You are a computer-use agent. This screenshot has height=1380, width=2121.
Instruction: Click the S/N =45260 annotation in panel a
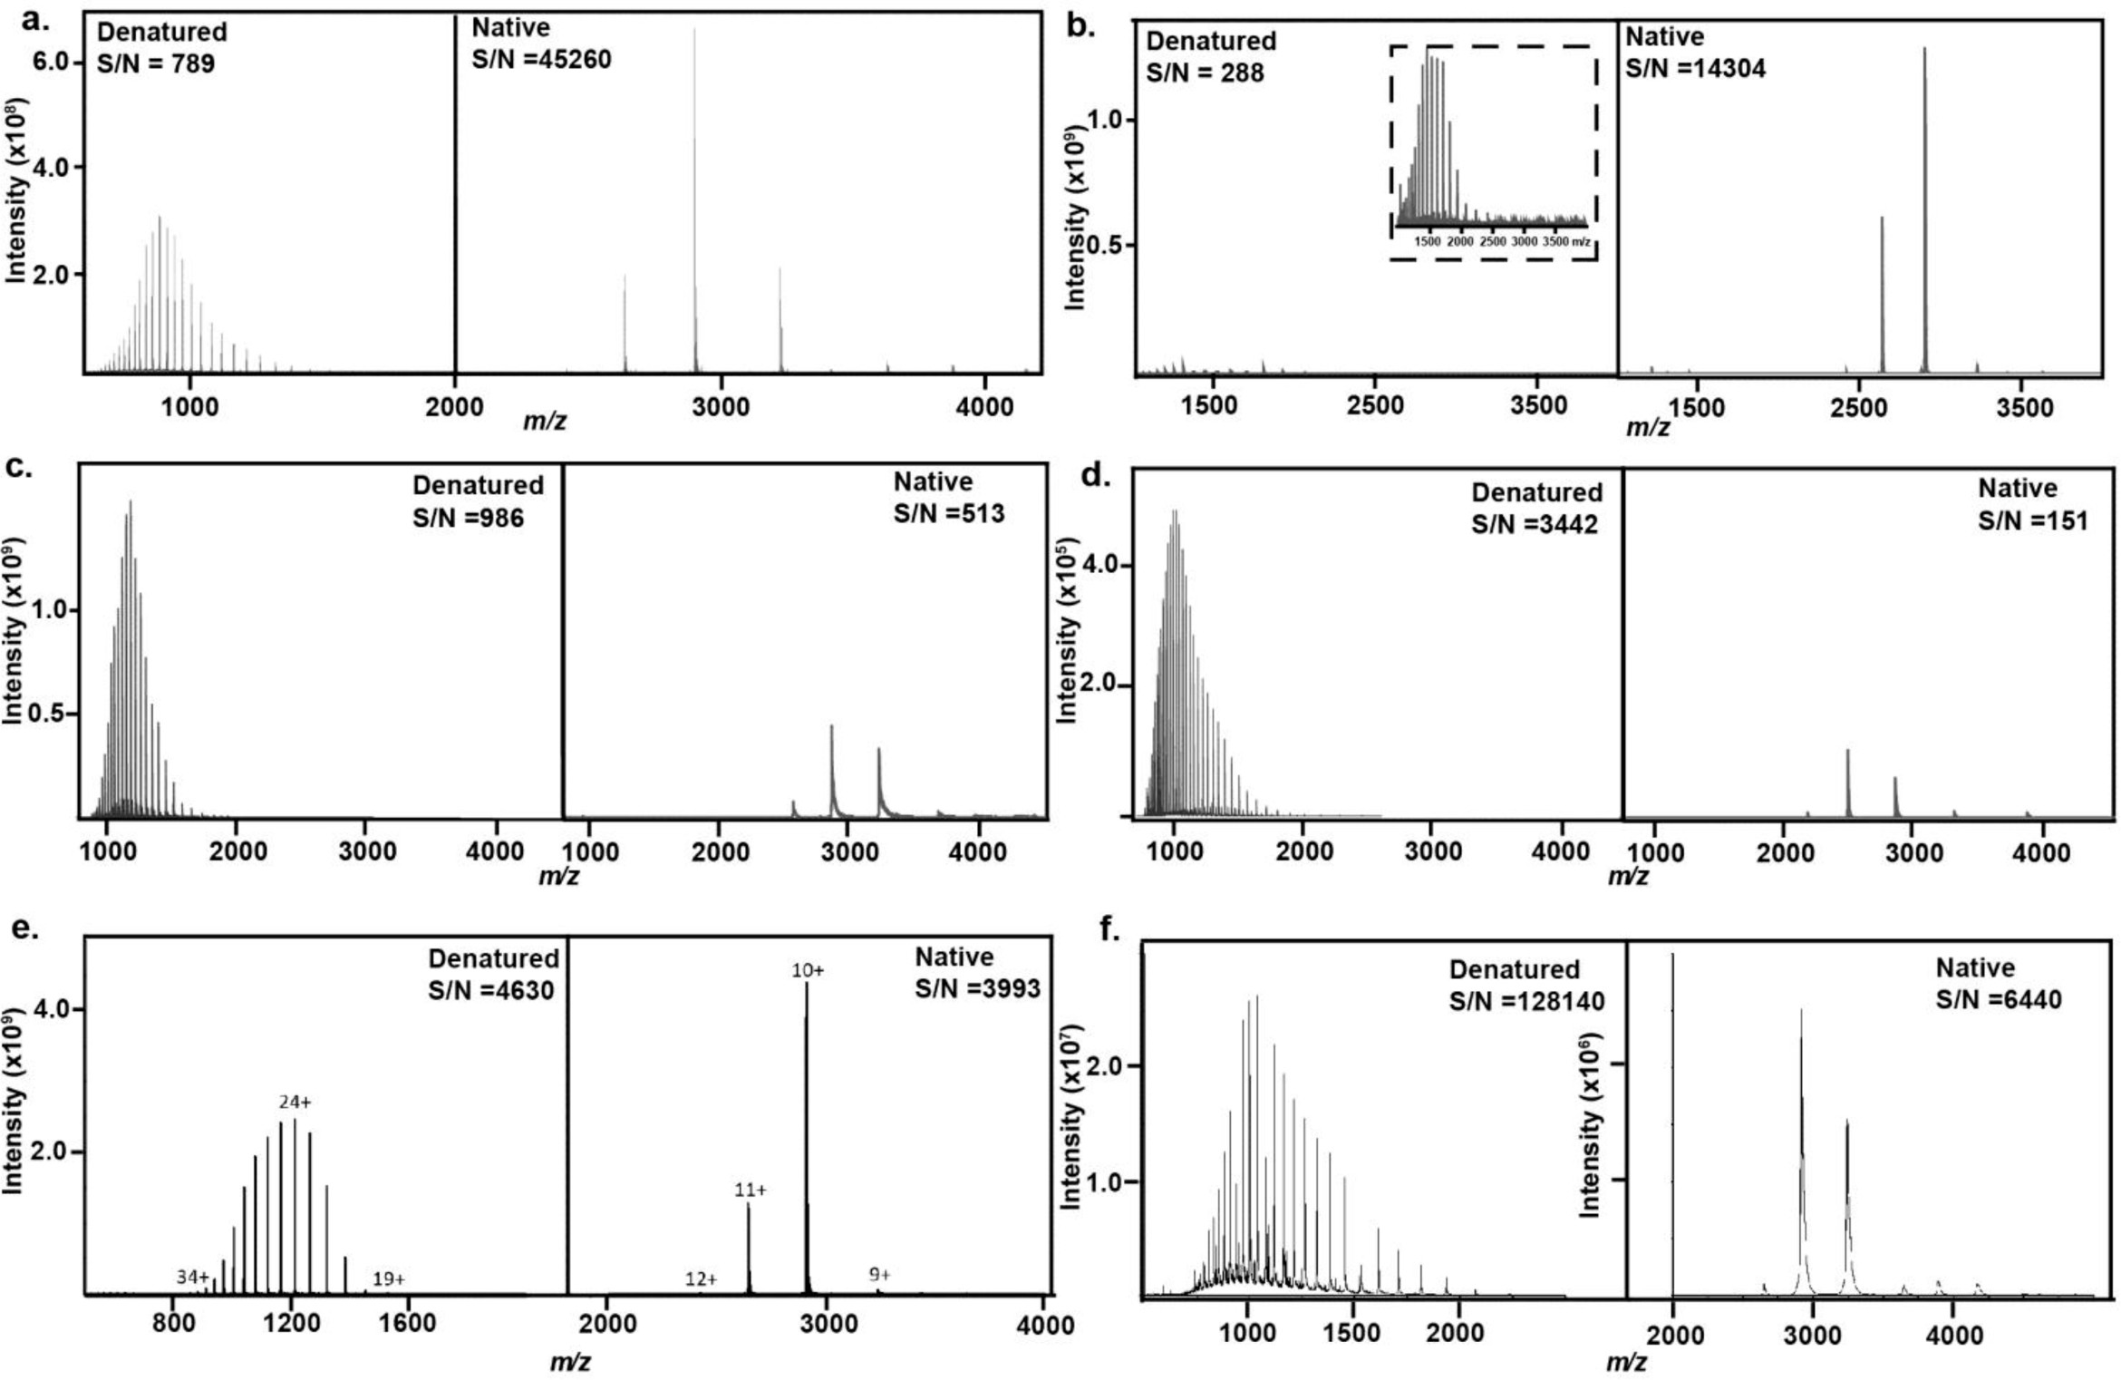pyautogui.click(x=541, y=60)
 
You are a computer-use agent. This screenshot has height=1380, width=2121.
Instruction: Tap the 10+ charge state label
pyautogui.click(x=808, y=970)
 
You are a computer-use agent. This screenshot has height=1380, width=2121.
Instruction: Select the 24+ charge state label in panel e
pyautogui.click(x=295, y=1102)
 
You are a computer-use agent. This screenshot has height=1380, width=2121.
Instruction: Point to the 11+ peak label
pyautogui.click(x=750, y=1189)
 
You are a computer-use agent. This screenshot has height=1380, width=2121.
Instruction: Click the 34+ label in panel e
pyautogui.click(x=192, y=1277)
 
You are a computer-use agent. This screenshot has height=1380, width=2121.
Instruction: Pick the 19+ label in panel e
pyautogui.click(x=389, y=1278)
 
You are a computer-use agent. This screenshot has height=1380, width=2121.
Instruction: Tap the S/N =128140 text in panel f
pyautogui.click(x=1526, y=1001)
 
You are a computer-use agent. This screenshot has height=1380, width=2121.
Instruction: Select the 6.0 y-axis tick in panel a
pyautogui.click(x=53, y=62)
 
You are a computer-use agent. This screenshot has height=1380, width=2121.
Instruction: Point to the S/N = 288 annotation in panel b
pyautogui.click(x=1205, y=73)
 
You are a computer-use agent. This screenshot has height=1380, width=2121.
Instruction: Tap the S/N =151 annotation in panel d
pyautogui.click(x=2032, y=520)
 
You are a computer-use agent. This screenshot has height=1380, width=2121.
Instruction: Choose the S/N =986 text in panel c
pyautogui.click(x=468, y=518)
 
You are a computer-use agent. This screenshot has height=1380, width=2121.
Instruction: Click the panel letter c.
pyautogui.click(x=18, y=466)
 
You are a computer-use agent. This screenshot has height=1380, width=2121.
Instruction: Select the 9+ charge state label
pyautogui.click(x=879, y=1274)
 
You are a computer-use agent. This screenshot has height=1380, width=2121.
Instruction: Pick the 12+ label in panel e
pyautogui.click(x=701, y=1278)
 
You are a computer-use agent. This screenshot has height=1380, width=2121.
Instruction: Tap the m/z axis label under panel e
pyautogui.click(x=570, y=1361)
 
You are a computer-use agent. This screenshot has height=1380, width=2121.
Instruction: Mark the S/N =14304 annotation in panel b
pyautogui.click(x=1695, y=69)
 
